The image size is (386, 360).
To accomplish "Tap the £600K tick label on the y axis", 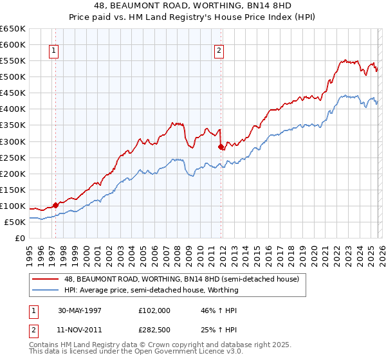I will (x=13, y=45).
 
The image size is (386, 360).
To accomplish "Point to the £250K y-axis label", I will (x=13, y=157).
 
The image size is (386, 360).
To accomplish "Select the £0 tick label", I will (x=20, y=238).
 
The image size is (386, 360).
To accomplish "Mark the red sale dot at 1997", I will (x=56, y=205).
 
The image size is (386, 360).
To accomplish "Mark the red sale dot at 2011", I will (x=221, y=147).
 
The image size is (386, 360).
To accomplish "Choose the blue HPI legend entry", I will (x=151, y=290).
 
